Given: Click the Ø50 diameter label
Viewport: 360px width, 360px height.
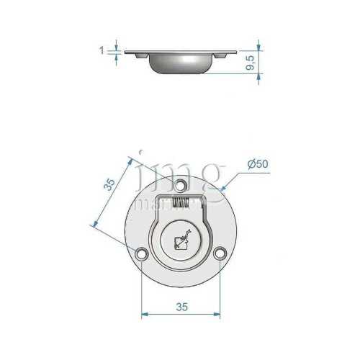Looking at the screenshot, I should pos(257,165).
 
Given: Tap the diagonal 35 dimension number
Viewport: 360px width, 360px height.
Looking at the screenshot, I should pos(109,185).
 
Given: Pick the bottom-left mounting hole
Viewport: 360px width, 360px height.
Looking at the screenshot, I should pos(141,253).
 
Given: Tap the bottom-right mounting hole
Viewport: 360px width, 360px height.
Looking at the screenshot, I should pos(220,253).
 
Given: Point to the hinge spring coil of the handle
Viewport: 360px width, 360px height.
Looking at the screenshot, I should pos(181,203).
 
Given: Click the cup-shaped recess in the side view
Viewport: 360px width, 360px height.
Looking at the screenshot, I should pos(181,64).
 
